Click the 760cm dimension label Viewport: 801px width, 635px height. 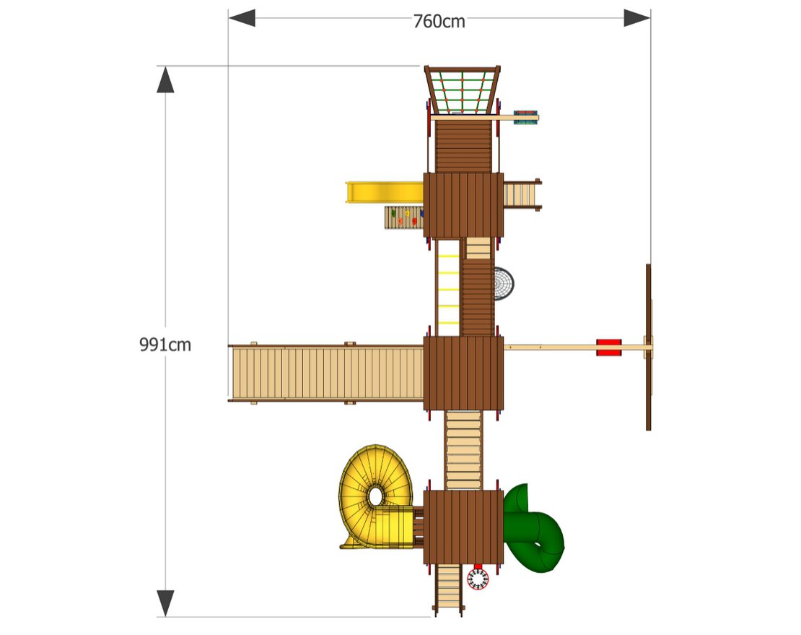tap(439, 22)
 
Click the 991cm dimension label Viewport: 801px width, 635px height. tap(165, 345)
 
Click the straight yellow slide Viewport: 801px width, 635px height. tap(382, 192)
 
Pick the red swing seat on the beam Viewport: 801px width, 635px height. tap(608, 347)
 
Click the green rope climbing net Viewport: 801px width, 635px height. tap(462, 91)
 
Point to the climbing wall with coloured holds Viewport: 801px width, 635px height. tap(404, 216)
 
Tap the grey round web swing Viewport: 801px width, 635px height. tap(504, 283)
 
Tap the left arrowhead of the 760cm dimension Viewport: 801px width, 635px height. tap(241, 18)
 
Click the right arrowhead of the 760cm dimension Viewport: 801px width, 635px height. tap(637, 18)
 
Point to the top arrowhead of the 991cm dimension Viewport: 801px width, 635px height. tap(166, 79)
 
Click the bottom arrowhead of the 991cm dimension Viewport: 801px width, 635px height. tap(166, 603)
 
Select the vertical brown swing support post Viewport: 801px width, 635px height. tap(648, 347)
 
